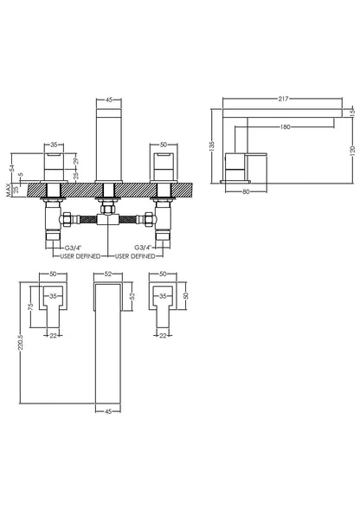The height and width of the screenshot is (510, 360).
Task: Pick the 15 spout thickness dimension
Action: click(x=352, y=111)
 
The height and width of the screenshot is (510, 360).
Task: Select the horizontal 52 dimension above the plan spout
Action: click(x=107, y=274)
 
